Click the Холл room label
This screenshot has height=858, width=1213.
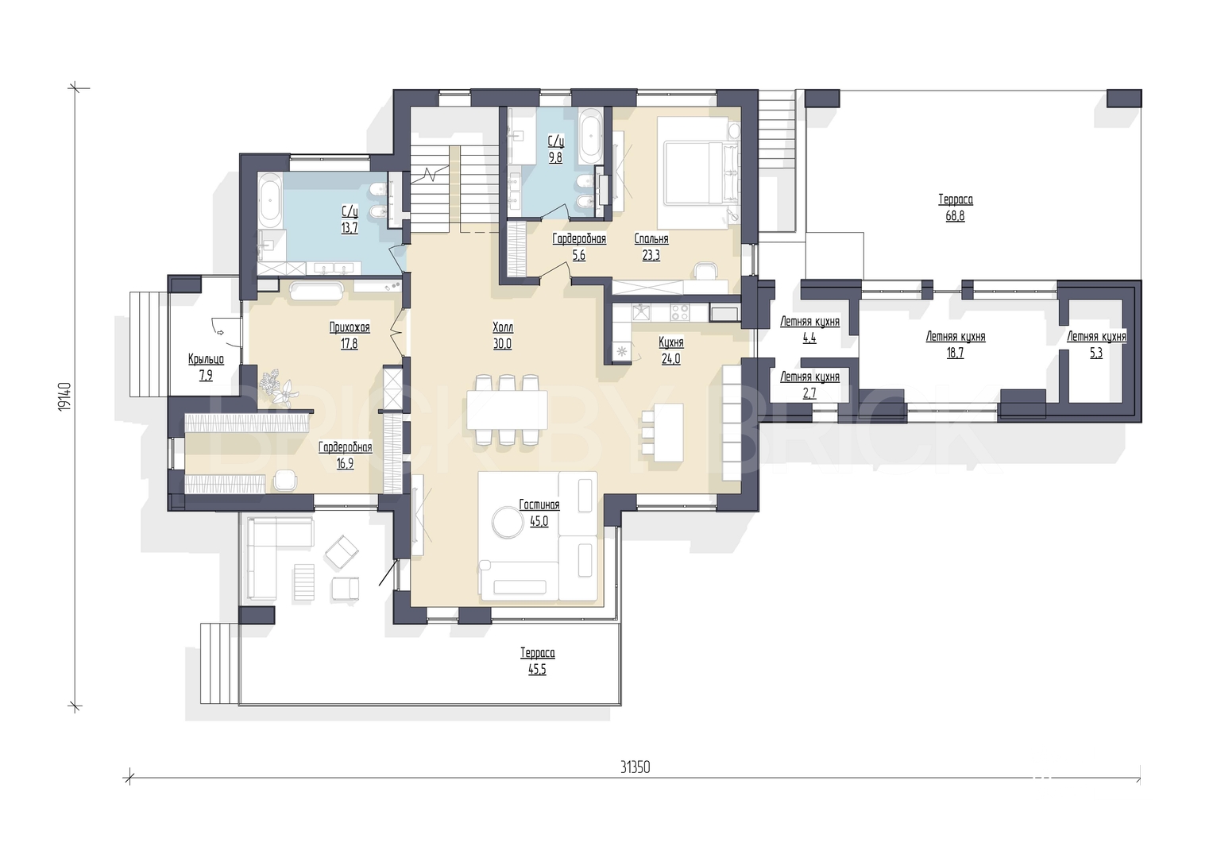(503, 327)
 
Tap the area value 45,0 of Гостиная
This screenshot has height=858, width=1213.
(539, 522)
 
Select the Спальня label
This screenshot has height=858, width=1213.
(651, 239)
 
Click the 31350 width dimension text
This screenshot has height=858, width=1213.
(635, 767)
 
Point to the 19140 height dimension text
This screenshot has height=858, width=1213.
(64, 397)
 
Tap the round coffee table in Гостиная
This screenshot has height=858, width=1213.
(508, 522)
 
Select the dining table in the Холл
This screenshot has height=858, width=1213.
(507, 409)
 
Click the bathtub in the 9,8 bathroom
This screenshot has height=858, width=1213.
(590, 136)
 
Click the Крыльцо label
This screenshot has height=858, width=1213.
(206, 359)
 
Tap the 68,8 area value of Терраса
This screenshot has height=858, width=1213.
(956, 215)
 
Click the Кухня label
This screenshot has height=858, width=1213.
(671, 342)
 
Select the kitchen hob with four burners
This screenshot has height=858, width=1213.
(680, 312)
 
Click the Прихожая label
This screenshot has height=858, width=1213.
(350, 327)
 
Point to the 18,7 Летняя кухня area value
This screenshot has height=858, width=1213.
(956, 354)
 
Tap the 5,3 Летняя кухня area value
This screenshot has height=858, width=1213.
(1096, 354)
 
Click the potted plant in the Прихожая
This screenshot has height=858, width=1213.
(278, 386)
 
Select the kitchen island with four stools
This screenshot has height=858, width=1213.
(663, 432)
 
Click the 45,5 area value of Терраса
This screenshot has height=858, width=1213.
(537, 670)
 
